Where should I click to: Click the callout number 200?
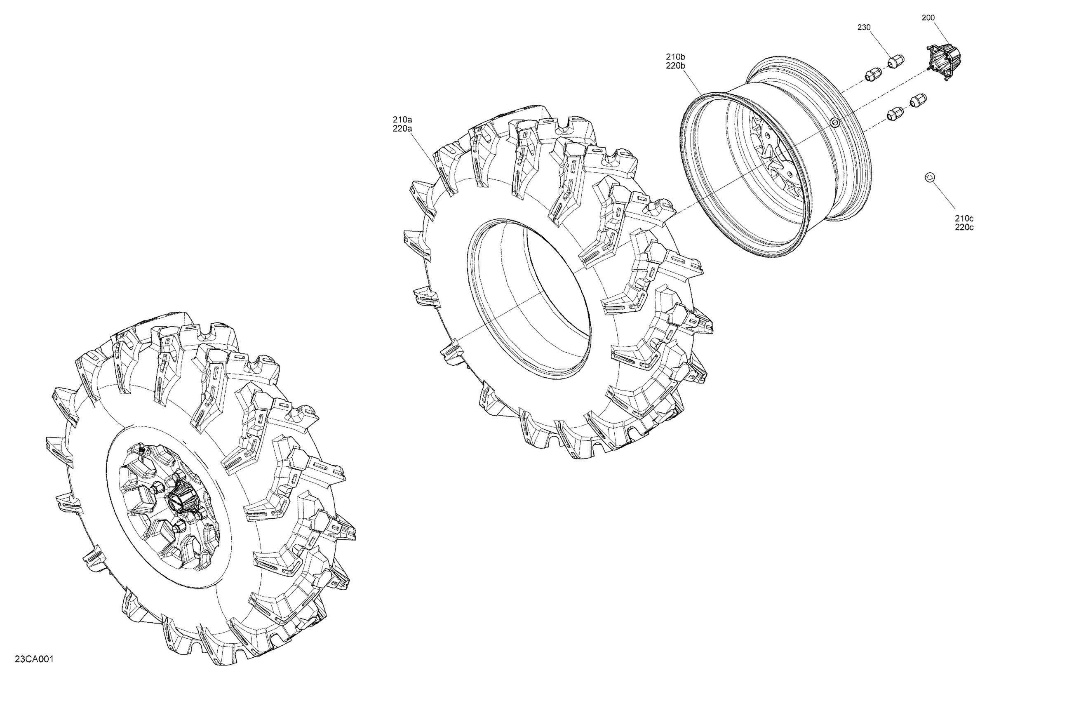[x=928, y=18]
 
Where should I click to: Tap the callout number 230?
[x=864, y=27]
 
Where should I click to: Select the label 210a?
[x=402, y=120]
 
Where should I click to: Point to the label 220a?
[x=402, y=129]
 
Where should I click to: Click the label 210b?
[x=675, y=57]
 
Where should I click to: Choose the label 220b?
[x=675, y=66]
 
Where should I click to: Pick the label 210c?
[x=964, y=218]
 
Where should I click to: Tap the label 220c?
[x=964, y=227]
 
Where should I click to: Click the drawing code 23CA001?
[x=34, y=659]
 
